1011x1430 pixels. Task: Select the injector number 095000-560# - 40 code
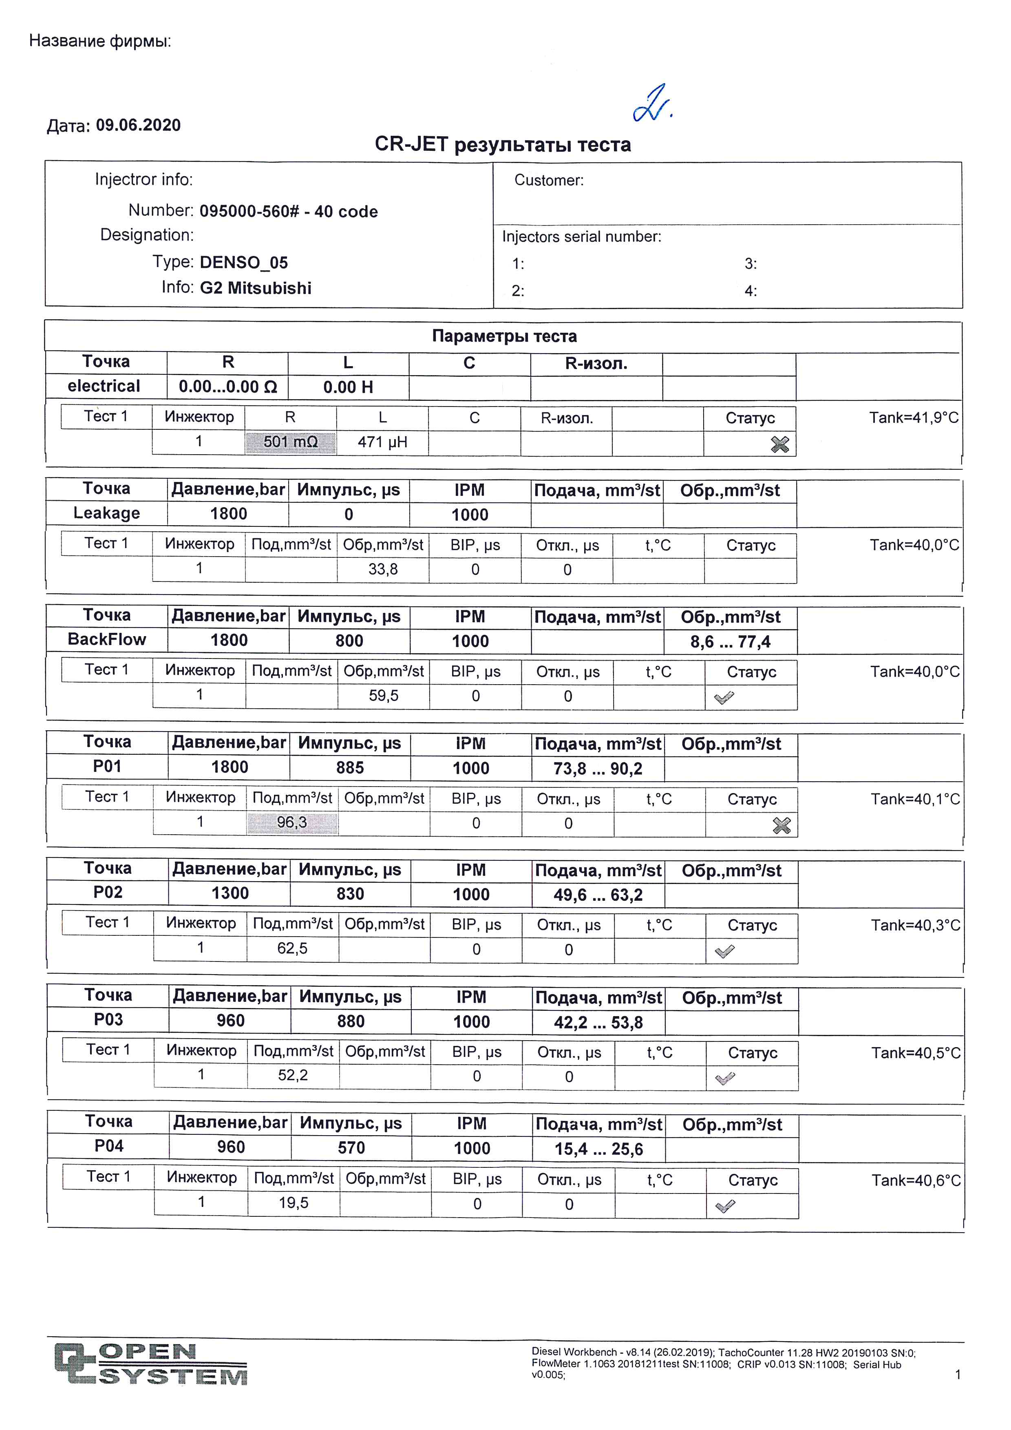click(288, 212)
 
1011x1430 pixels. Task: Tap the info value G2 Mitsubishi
click(255, 288)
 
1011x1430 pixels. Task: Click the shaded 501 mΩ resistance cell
click(290, 442)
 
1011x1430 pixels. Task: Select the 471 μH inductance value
click(382, 442)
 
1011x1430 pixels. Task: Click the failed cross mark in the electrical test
click(779, 444)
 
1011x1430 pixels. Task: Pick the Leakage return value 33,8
click(383, 569)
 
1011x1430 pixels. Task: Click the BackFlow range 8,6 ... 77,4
click(730, 641)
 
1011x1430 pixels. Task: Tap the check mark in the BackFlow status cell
click(724, 698)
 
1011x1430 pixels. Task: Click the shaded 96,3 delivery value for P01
click(292, 823)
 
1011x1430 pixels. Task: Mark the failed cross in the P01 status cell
click(781, 825)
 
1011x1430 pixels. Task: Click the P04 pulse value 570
click(351, 1148)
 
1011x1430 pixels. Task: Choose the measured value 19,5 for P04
click(293, 1202)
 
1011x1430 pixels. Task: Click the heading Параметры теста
click(504, 336)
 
